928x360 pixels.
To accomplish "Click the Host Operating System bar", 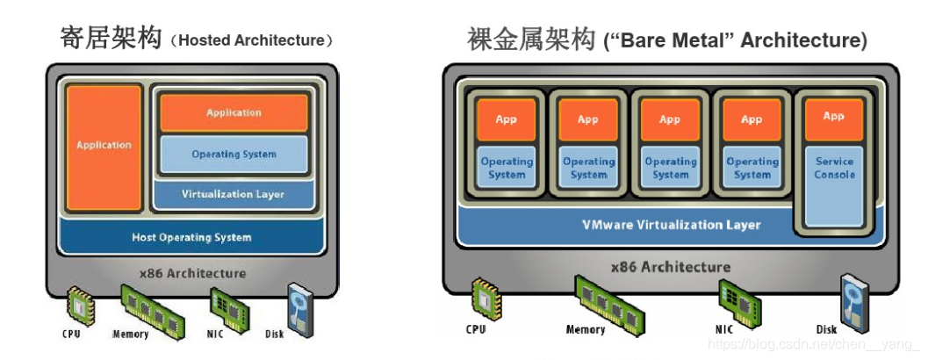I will [191, 237].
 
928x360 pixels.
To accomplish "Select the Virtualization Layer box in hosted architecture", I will [233, 194].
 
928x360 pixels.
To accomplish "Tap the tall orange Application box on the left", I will [104, 146].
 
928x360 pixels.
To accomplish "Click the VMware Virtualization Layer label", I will [672, 225].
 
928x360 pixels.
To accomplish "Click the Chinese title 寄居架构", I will [111, 39].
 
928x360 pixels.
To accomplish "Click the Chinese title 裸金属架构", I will [530, 39].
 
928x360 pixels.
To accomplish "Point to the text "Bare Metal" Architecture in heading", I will [735, 40].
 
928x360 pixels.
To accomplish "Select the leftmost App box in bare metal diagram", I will [506, 119].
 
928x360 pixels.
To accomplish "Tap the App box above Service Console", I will [833, 117].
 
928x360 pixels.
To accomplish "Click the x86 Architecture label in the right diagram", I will [670, 267].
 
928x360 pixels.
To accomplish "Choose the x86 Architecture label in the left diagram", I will [192, 273].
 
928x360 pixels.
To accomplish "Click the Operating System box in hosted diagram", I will [234, 155].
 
